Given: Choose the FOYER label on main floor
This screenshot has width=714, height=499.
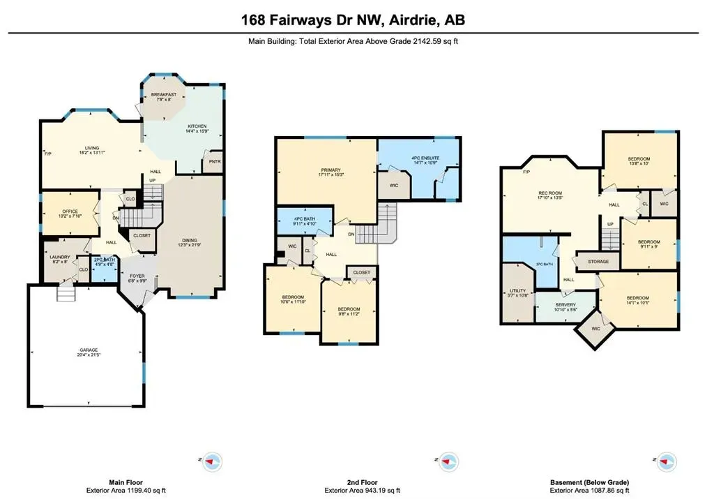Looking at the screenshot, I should (137, 276).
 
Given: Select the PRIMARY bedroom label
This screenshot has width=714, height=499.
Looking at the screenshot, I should (331, 170).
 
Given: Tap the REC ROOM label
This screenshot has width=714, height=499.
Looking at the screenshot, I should (549, 193).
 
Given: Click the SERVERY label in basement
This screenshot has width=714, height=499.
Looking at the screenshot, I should (565, 306).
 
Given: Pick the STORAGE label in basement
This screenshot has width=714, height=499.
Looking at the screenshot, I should (598, 262).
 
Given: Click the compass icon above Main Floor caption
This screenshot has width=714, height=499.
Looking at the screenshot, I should (213, 461).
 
